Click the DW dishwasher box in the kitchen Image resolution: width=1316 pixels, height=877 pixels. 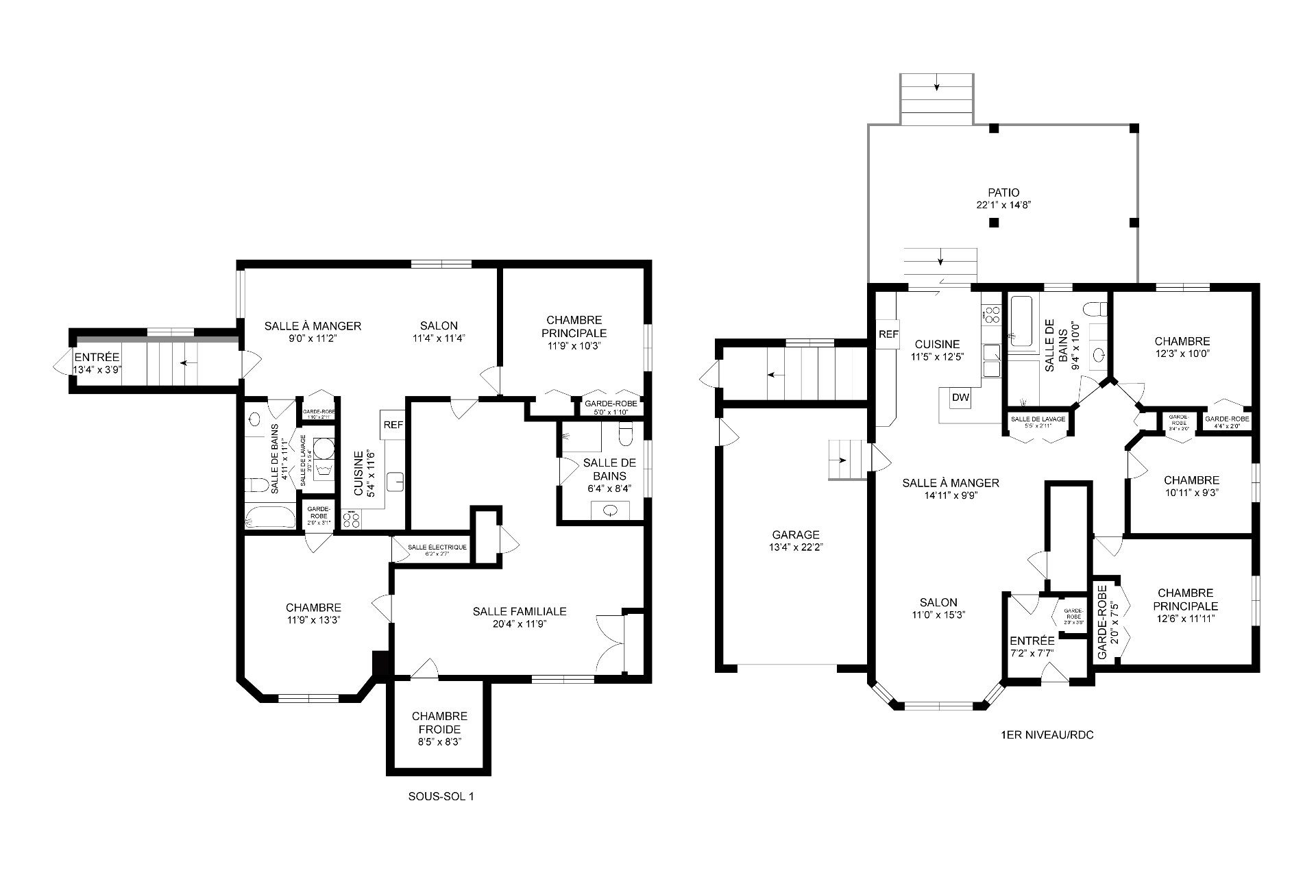pos(961,398)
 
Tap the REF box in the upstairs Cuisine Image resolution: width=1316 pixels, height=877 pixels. pos(888,334)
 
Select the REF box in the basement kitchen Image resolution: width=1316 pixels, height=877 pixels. pos(393,425)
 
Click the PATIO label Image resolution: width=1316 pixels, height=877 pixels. pos(1003,193)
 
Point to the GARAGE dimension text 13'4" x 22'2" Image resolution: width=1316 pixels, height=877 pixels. pos(795,547)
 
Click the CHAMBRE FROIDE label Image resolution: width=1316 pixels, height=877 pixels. pos(439,722)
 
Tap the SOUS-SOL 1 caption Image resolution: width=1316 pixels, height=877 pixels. pos(441,797)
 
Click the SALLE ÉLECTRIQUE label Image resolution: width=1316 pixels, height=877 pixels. pos(437,547)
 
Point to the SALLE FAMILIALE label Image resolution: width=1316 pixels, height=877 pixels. pos(519,611)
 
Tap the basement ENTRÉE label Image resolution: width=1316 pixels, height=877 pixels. pos(97,358)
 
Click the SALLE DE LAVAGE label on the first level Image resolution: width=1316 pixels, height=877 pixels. pos(1038,419)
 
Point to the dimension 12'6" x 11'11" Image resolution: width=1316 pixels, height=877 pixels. pos(1185,619)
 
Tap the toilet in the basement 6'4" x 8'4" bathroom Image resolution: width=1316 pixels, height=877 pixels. pos(626,434)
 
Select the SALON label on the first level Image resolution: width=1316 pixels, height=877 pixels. pos(938,603)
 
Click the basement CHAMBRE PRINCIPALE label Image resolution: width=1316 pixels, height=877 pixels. pos(574,326)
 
